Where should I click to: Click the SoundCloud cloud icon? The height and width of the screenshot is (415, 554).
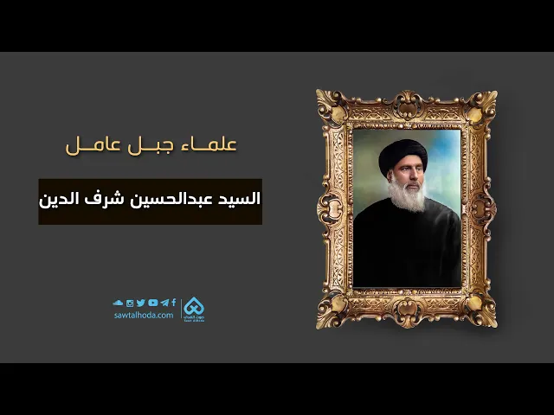coord(119,303)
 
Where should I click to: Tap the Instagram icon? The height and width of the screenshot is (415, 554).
coord(130,303)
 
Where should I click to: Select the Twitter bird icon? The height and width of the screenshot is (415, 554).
coord(141,303)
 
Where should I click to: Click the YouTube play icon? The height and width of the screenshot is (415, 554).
coord(152,303)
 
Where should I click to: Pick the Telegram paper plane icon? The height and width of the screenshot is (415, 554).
coord(164,303)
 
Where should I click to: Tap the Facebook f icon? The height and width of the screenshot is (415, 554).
coord(173,303)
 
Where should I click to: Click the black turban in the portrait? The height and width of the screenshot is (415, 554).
coord(403,158)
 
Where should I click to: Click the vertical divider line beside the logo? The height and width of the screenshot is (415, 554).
coord(182,310)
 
